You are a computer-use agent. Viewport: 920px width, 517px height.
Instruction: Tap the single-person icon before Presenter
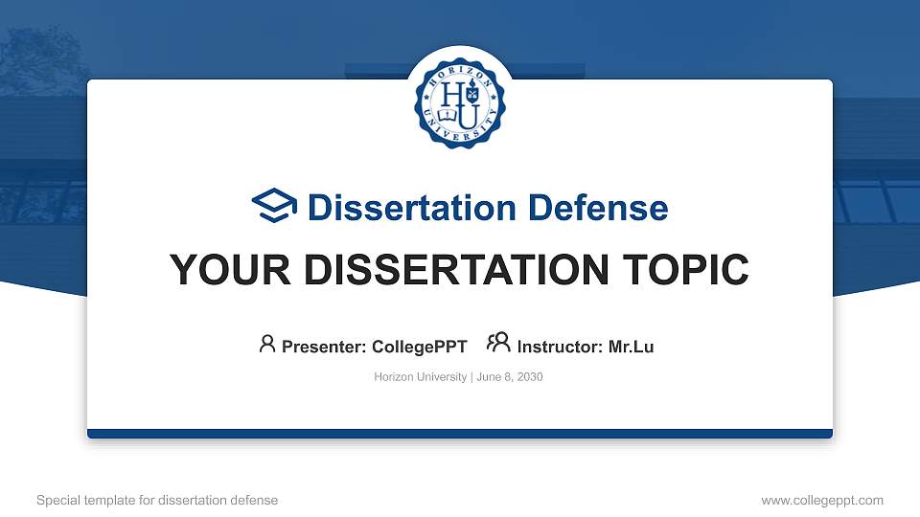pyautogui.click(x=267, y=344)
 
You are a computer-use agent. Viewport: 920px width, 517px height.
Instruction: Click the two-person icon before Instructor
pyautogui.click(x=498, y=344)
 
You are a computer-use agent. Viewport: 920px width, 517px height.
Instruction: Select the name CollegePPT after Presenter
pyautogui.click(x=420, y=347)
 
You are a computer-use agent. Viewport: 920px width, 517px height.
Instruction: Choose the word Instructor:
pyautogui.click(x=560, y=347)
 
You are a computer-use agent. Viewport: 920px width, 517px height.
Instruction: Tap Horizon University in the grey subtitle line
pyautogui.click(x=420, y=377)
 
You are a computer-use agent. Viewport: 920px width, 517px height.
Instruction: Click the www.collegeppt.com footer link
pyautogui.click(x=821, y=500)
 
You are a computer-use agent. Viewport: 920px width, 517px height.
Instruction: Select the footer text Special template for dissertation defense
pyautogui.click(x=157, y=500)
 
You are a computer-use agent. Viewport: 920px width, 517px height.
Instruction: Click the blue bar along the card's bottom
pyautogui.click(x=459, y=434)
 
